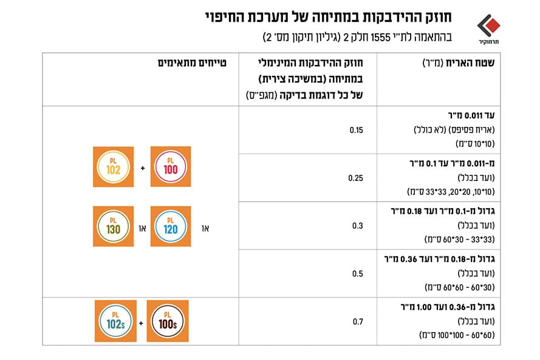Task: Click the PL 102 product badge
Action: [113, 166]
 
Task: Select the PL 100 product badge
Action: [171, 166]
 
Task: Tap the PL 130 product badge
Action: [113, 226]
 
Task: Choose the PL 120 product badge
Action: [171, 226]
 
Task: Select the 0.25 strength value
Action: [357, 178]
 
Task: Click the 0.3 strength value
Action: [358, 226]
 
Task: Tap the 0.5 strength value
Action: [358, 273]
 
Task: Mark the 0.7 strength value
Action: [358, 321]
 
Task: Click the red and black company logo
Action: [487, 26]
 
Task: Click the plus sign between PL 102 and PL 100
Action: [142, 167]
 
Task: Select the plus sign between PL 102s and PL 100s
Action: [141, 321]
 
